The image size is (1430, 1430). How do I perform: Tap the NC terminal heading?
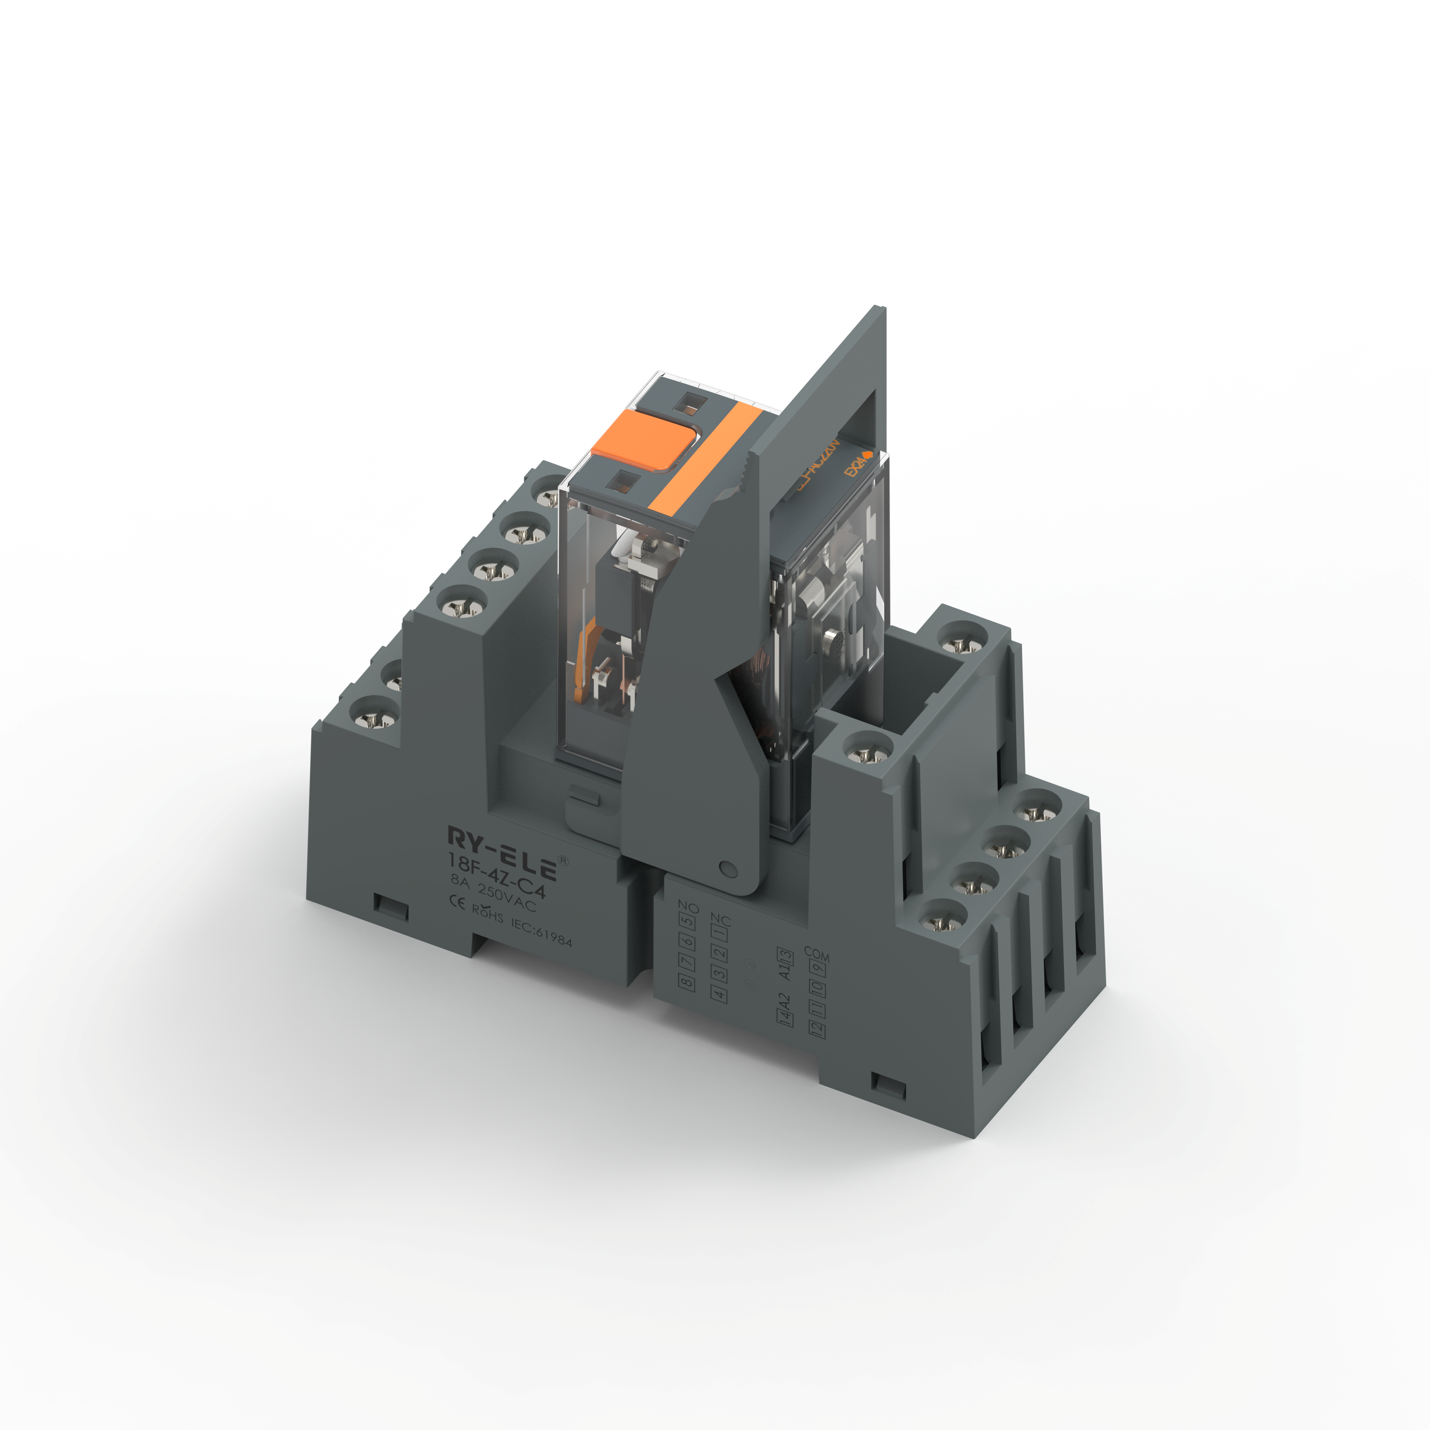[720, 920]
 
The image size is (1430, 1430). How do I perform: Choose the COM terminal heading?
[816, 955]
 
